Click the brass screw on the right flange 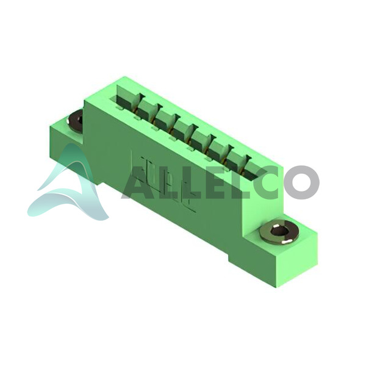pyautogui.click(x=279, y=232)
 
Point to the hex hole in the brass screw pyautogui.click(x=279, y=231)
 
